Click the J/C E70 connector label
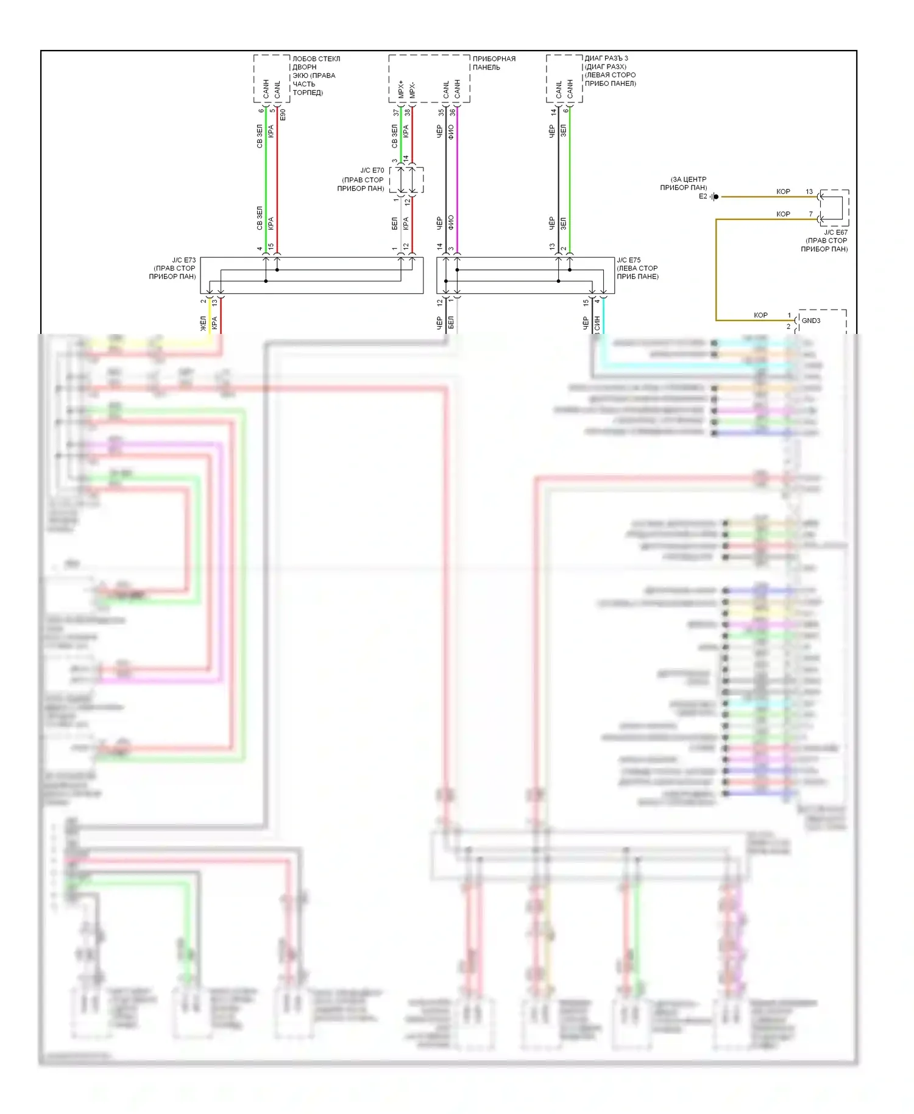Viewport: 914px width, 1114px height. click(x=372, y=171)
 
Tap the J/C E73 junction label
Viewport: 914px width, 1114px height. click(x=183, y=260)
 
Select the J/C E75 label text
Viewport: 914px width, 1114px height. click(x=629, y=260)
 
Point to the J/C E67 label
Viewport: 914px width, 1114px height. click(x=835, y=232)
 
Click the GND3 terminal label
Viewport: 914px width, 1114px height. click(x=810, y=321)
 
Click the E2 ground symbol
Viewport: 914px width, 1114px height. click(x=715, y=197)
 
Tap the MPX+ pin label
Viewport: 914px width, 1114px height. click(x=401, y=89)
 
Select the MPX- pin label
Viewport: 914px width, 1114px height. click(x=412, y=90)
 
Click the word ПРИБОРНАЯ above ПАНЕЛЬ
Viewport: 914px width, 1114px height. click(x=494, y=59)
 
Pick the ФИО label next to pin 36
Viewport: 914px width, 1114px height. click(x=452, y=132)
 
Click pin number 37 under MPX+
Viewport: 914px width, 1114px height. click(x=397, y=113)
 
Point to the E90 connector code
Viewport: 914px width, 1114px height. click(x=283, y=114)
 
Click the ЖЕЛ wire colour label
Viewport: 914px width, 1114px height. click(x=204, y=323)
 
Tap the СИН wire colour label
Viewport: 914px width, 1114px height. click(x=597, y=323)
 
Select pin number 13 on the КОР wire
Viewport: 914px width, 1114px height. click(x=809, y=191)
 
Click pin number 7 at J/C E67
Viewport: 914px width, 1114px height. click(x=810, y=214)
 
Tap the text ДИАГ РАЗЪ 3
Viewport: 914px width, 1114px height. click(x=606, y=59)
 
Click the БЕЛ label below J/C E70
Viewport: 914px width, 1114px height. click(x=395, y=223)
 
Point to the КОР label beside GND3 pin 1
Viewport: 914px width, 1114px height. click(x=760, y=315)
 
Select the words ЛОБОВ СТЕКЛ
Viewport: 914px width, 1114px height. click(x=316, y=59)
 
